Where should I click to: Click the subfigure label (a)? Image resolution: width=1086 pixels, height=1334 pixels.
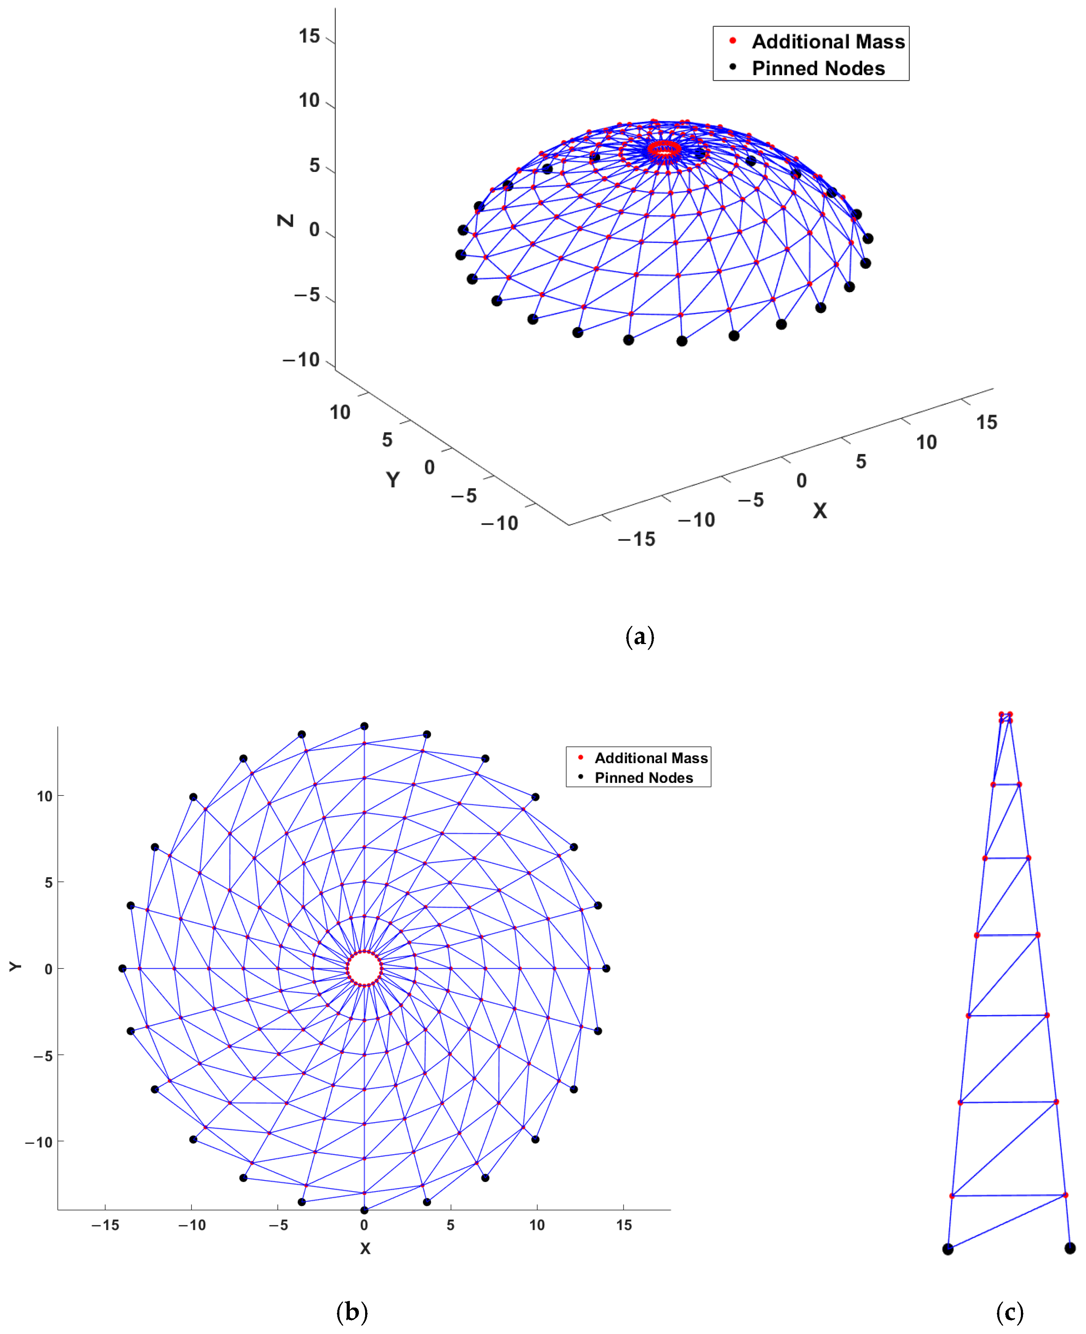point(639,637)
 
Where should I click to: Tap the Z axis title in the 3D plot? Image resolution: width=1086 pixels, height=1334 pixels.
point(285,220)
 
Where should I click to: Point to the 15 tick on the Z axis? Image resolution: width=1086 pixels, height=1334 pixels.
point(309,36)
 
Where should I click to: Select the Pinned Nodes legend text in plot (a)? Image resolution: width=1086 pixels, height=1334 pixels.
point(818,68)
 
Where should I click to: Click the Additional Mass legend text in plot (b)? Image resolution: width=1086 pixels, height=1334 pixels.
point(651,758)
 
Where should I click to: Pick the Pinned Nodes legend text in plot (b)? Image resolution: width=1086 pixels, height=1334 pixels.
point(644,778)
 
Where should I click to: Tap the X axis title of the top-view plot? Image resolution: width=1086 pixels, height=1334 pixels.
point(365,1248)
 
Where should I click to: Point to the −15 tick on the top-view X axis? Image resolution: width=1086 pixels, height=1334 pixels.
point(105,1225)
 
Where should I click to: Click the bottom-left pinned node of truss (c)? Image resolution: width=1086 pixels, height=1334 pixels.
point(948,1249)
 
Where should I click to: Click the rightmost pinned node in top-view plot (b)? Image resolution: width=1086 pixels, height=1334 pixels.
point(606,968)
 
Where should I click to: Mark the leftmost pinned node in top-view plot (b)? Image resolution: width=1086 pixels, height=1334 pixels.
point(123,968)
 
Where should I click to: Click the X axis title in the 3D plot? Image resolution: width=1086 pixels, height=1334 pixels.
point(819,511)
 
